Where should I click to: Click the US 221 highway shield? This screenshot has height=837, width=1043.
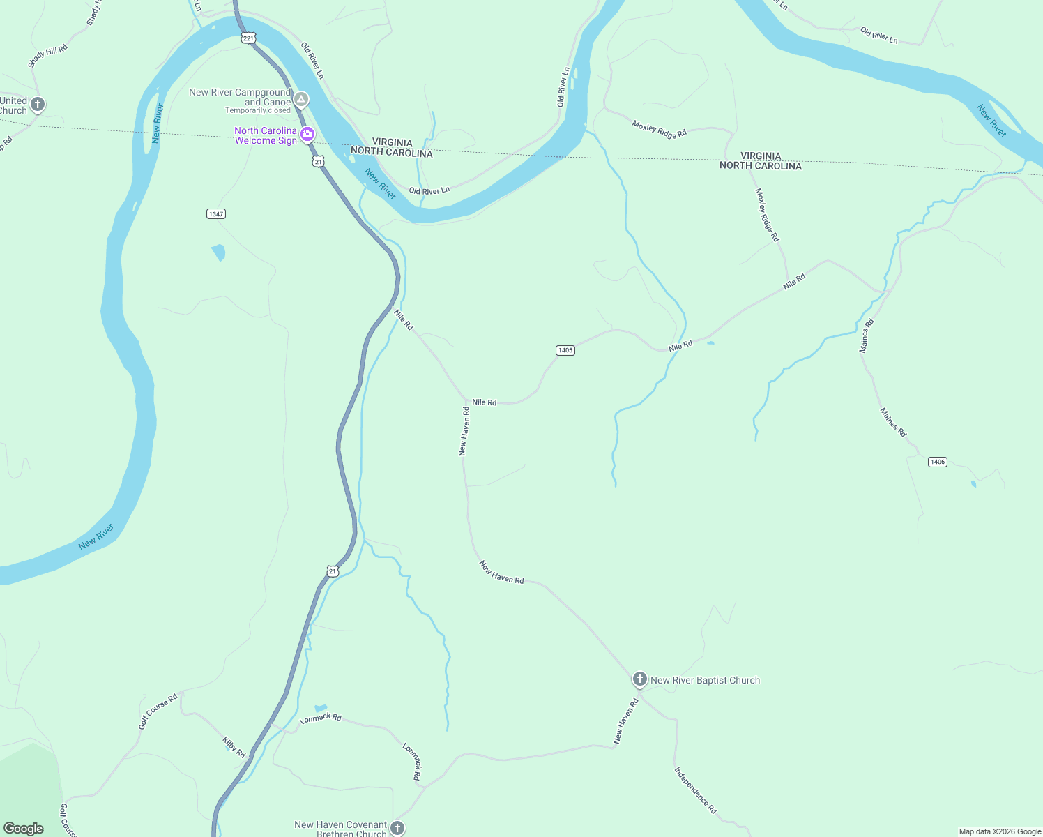[x=249, y=38]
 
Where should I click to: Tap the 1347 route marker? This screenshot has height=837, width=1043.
[x=216, y=213]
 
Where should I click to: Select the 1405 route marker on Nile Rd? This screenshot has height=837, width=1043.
[x=565, y=350]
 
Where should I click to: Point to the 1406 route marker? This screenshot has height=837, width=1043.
[x=938, y=462]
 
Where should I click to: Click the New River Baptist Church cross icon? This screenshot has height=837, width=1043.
[x=639, y=679]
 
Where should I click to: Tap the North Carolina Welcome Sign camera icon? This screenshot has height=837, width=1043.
[x=307, y=134]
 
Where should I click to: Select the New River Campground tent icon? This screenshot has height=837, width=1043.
[x=300, y=100]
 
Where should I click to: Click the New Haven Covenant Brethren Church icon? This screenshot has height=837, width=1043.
[x=397, y=828]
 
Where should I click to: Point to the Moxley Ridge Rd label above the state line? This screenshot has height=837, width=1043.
[x=660, y=129]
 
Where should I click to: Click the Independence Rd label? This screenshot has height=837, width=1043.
[x=695, y=790]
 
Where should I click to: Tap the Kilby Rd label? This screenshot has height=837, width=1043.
[x=234, y=747]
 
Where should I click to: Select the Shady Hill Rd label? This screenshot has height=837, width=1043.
[x=48, y=56]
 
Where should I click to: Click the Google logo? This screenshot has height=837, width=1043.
[x=24, y=829]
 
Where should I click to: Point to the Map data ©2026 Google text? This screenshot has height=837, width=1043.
[x=1000, y=831]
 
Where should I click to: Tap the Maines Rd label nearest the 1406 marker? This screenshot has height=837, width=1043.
[x=893, y=422]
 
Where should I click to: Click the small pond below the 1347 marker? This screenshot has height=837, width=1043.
[x=219, y=252]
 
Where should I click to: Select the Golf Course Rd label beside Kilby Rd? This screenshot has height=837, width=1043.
[x=158, y=711]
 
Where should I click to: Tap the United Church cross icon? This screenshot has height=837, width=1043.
[x=38, y=105]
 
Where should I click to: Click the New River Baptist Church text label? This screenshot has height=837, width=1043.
[x=705, y=680]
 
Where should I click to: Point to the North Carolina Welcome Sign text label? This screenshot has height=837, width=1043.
[x=266, y=135]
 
